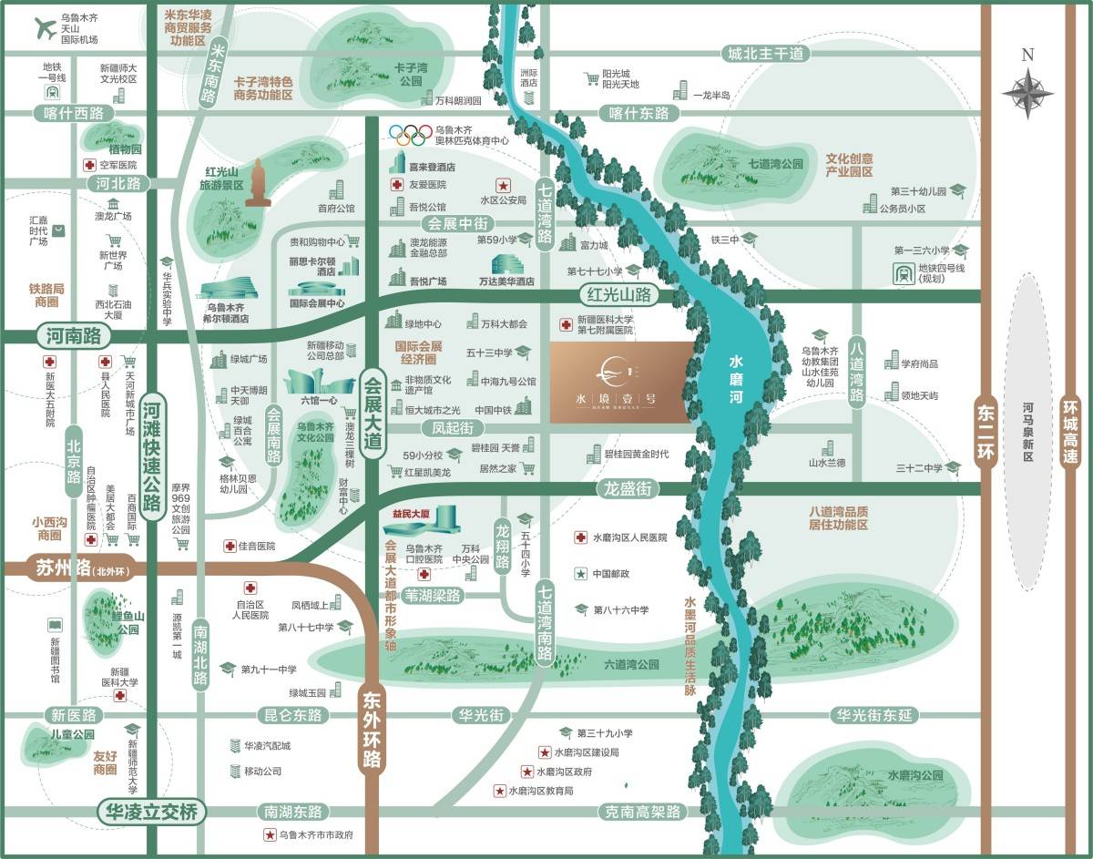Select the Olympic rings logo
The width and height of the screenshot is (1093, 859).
(409, 135)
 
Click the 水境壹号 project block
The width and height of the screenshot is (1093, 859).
(620, 383)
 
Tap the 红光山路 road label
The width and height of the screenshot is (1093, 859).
(623, 294)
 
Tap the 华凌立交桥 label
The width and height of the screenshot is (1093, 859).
(151, 811)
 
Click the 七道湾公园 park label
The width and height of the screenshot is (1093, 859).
(777, 164)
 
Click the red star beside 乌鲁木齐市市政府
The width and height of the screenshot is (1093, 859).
(269, 835)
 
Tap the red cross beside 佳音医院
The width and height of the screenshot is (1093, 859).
(230, 546)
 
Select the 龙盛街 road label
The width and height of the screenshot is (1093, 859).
(628, 489)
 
